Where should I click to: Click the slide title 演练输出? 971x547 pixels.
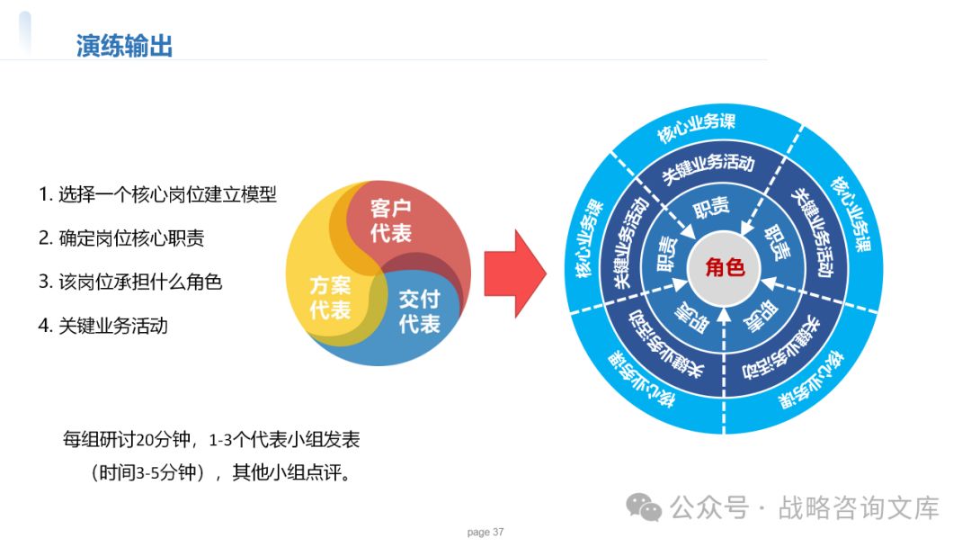point(124,46)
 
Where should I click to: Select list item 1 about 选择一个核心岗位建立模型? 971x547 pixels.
point(157,194)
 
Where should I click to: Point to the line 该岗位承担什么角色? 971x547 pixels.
point(130,282)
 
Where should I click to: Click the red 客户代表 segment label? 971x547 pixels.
point(391,221)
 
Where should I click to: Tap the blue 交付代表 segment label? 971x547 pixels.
point(419,310)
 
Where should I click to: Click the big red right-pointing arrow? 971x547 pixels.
point(514,273)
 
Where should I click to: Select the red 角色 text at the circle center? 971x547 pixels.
point(726,267)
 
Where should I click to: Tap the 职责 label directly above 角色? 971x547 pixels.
point(711,208)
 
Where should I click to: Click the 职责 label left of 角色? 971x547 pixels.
point(666,255)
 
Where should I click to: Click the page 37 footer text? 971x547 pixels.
point(485,532)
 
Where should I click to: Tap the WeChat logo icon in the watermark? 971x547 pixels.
point(644,507)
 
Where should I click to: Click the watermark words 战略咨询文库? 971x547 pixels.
point(859,507)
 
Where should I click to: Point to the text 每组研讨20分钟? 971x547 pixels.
point(127,440)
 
